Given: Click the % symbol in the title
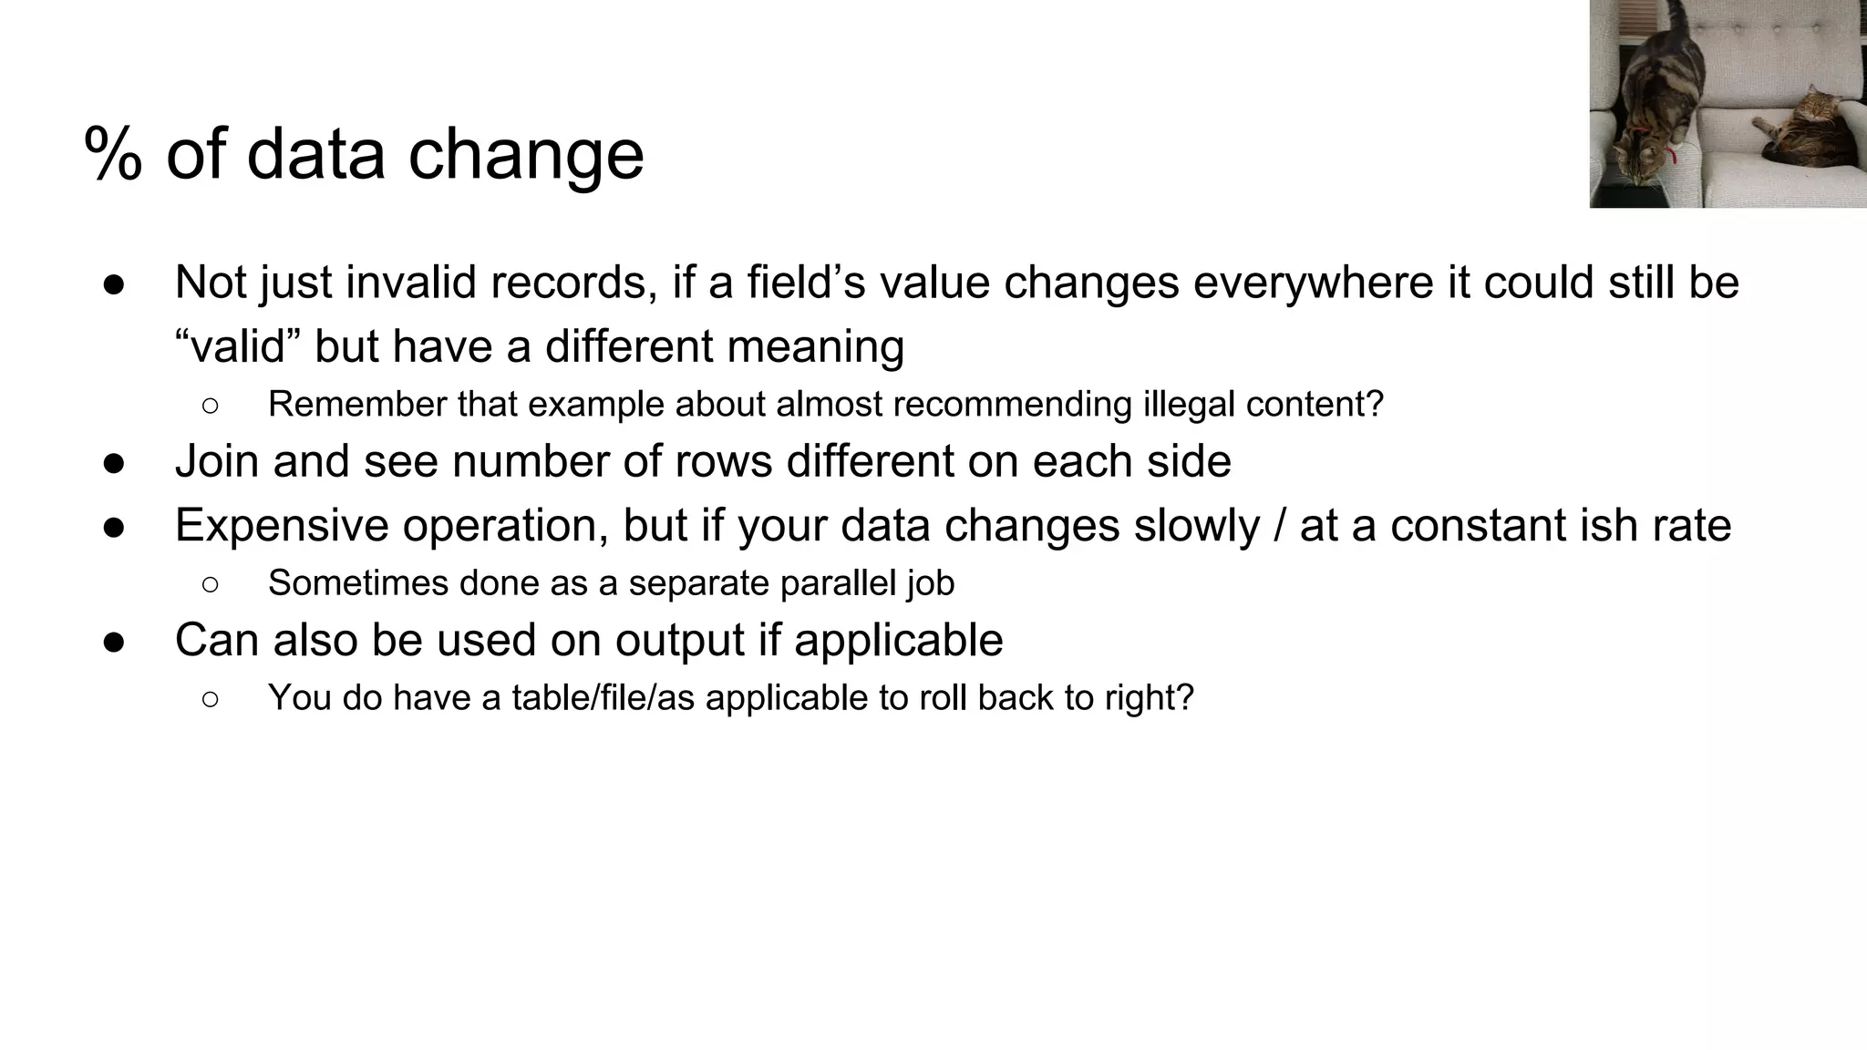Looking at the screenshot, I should [x=114, y=155].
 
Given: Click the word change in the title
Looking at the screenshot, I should [x=526, y=155].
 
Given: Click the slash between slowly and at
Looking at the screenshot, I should [x=1279, y=526].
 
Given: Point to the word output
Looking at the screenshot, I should [x=680, y=640].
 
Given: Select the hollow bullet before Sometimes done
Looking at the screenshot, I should [x=210, y=584].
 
